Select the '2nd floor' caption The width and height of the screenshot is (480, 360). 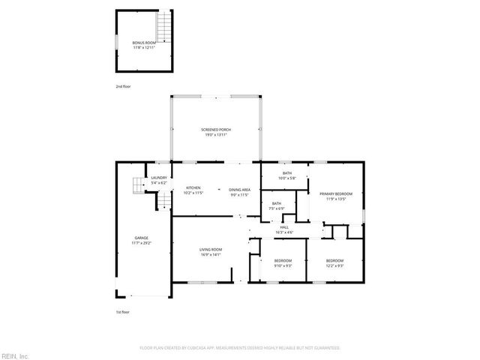click(122, 88)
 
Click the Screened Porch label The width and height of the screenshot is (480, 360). click(216, 130)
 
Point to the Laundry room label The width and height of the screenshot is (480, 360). click(159, 178)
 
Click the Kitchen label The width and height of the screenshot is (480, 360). click(193, 188)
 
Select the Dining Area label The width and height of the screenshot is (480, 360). click(240, 188)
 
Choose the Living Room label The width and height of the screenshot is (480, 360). click(211, 249)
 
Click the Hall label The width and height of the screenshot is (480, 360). click(284, 226)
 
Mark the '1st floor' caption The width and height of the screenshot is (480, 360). click(122, 311)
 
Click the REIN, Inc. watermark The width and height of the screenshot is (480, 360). click(14, 355)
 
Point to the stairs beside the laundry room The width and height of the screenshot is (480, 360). click(137, 185)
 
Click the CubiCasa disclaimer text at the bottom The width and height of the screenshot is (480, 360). click(240, 348)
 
